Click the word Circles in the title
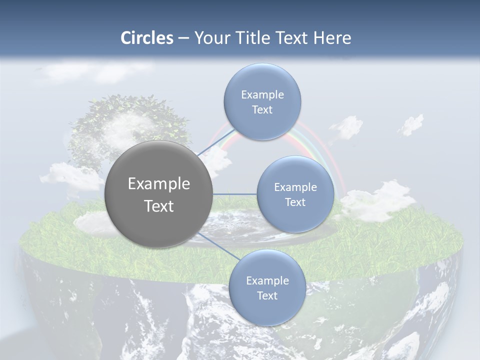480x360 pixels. (147, 38)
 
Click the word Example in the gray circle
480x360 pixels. (158, 184)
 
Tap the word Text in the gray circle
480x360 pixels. (158, 206)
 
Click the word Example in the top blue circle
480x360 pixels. (262, 95)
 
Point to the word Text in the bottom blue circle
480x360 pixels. (267, 296)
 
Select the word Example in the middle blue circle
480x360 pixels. (295, 187)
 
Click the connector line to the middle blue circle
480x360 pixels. (234, 194)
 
